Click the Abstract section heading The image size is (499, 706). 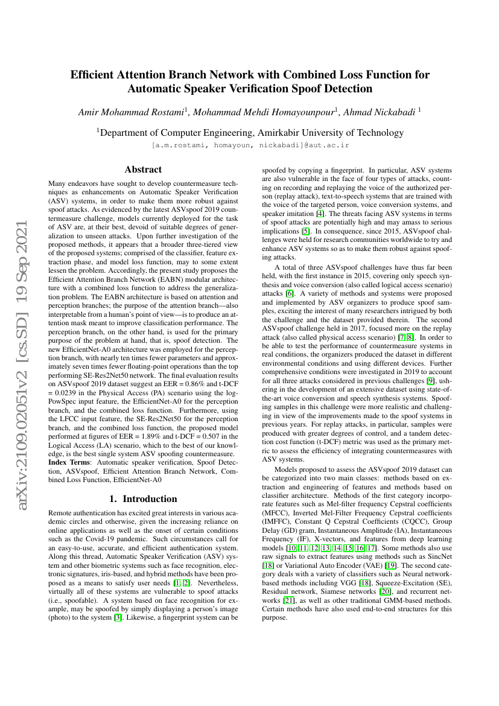(x=143, y=170)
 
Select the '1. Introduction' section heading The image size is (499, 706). (x=143, y=499)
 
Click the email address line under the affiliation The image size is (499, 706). (x=250, y=145)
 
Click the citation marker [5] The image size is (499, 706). (x=306, y=230)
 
